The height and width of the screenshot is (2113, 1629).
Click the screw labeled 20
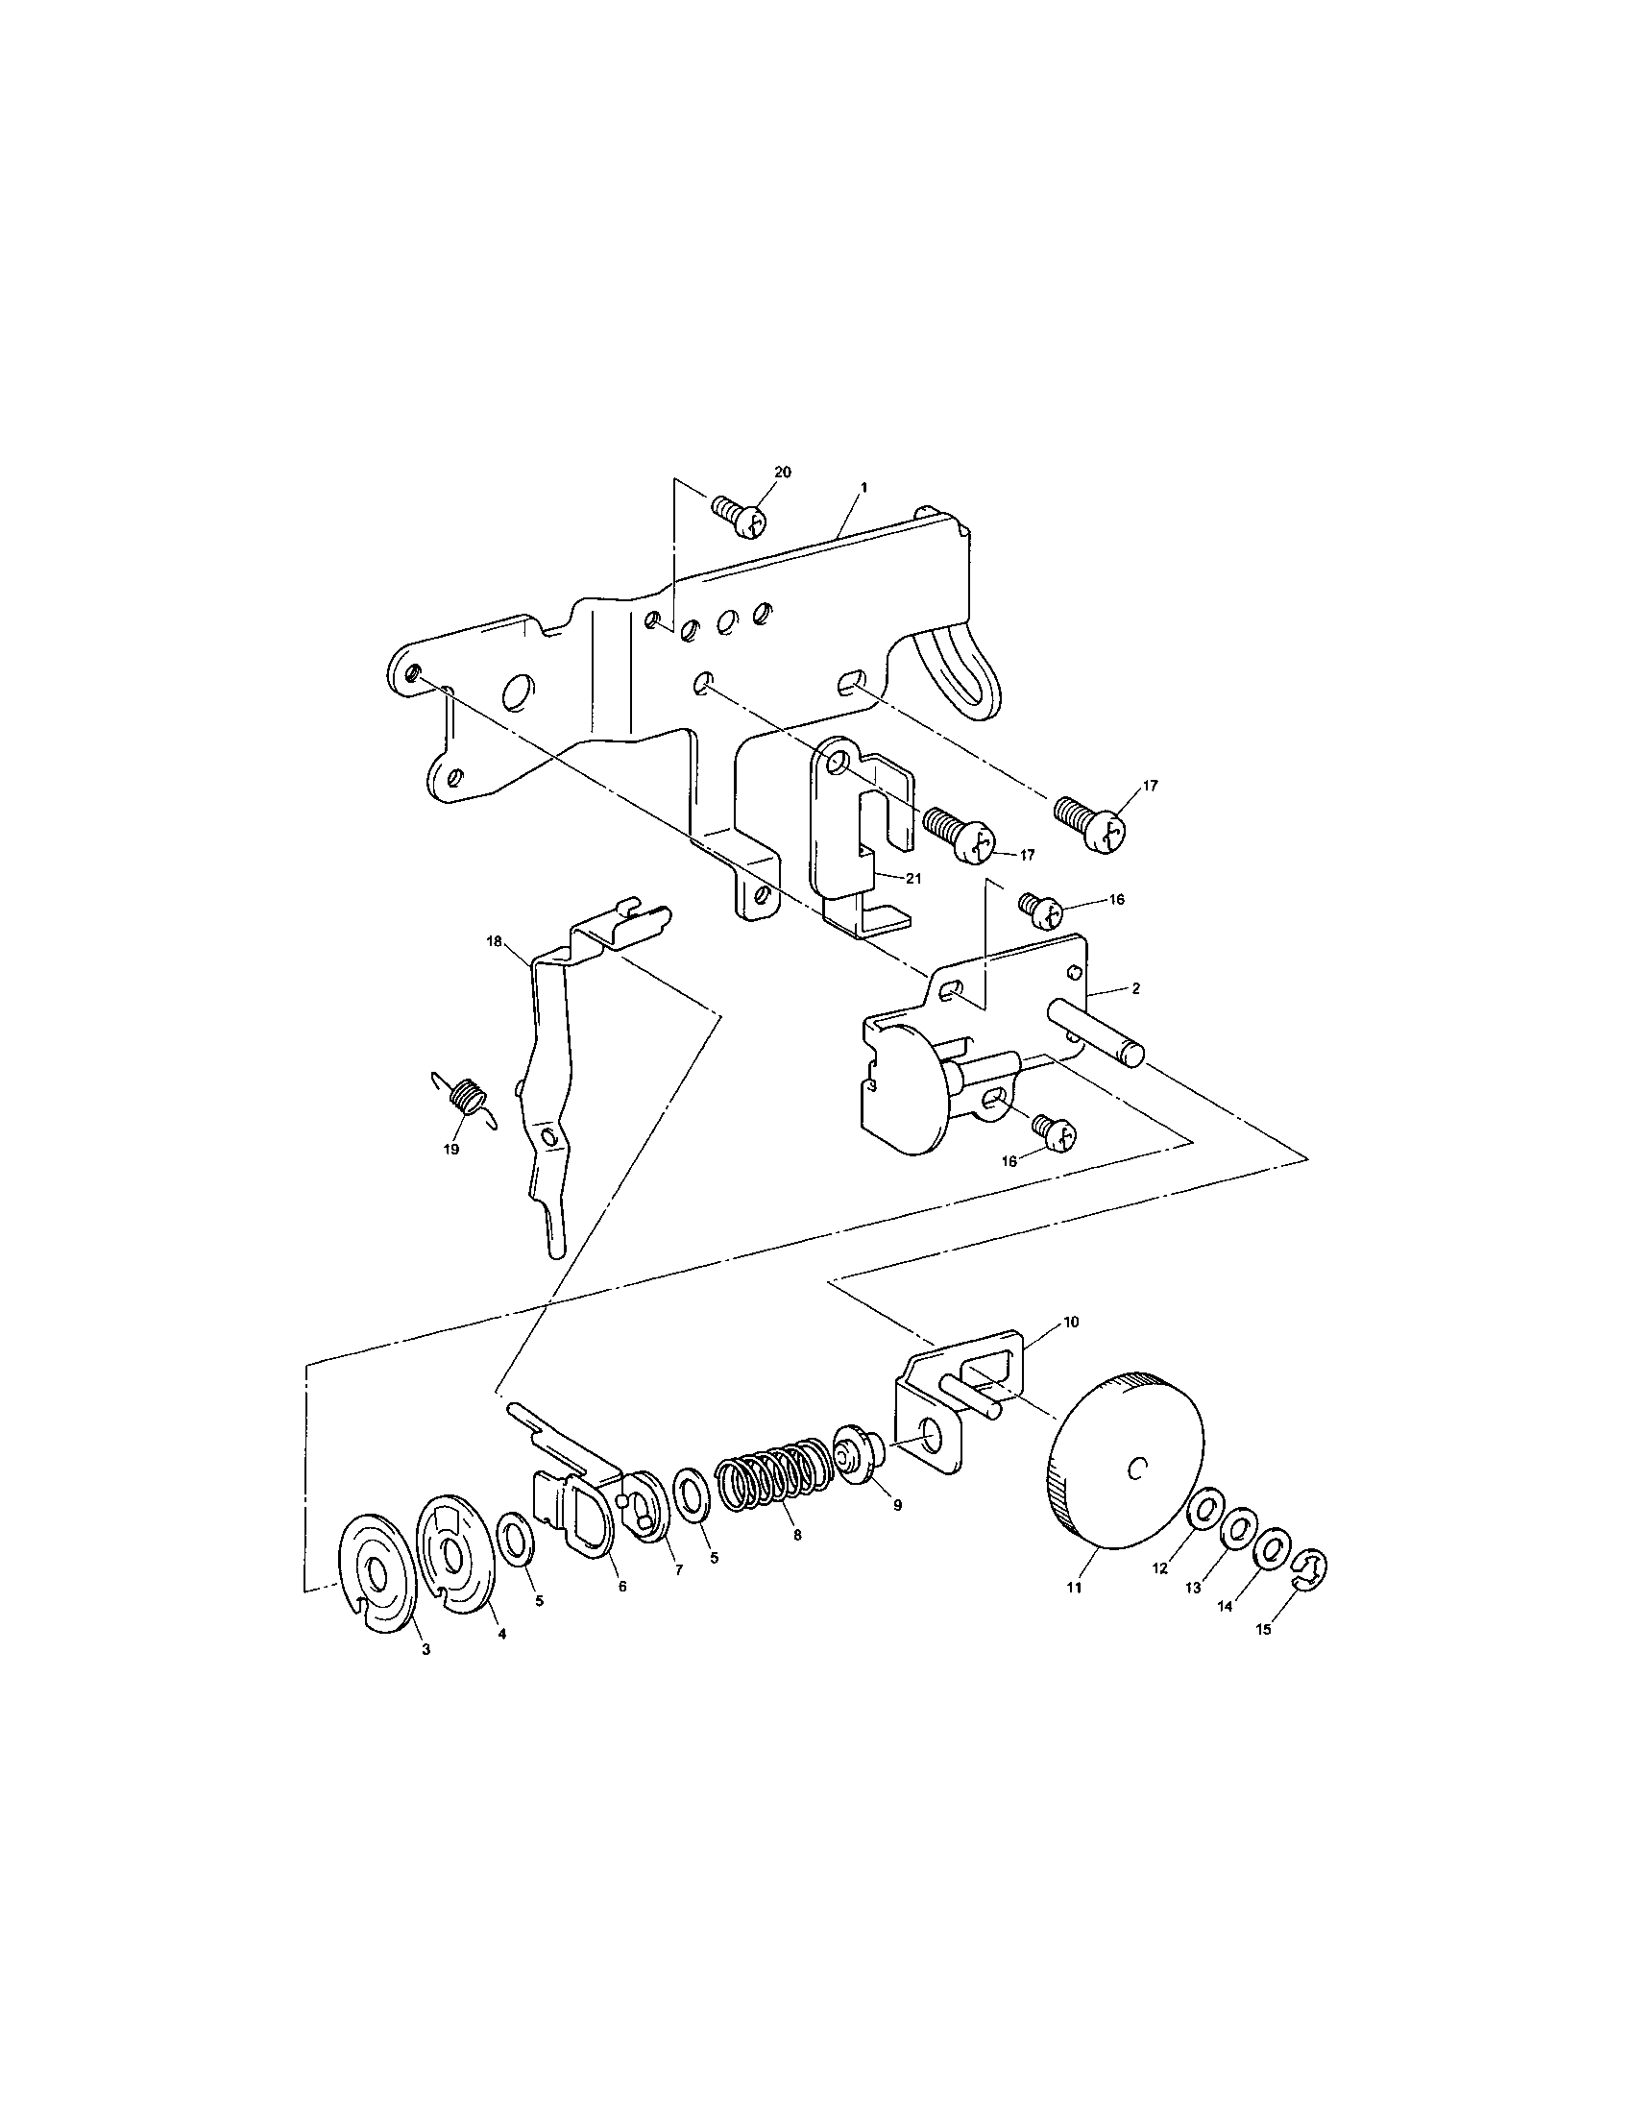click(742, 517)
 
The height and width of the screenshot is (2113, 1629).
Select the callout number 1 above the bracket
click(863, 489)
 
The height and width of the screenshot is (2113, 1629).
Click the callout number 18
click(495, 939)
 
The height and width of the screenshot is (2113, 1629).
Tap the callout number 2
click(1135, 988)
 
